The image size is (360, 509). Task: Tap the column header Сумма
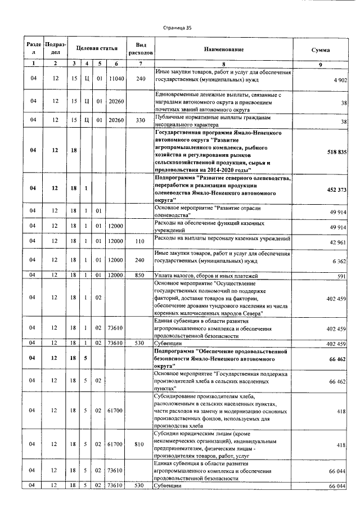pyautogui.click(x=321, y=49)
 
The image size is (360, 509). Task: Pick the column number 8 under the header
pyautogui.click(x=223, y=64)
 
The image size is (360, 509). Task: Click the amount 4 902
pyautogui.click(x=339, y=81)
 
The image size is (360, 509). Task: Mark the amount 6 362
pyautogui.click(x=339, y=261)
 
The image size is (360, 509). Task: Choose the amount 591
pyautogui.click(x=342, y=276)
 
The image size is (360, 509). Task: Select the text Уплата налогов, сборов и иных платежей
pyautogui.click(x=206, y=276)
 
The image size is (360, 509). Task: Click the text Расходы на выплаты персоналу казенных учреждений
pyautogui.click(x=223, y=239)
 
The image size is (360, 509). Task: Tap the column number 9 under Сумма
pyautogui.click(x=321, y=64)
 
